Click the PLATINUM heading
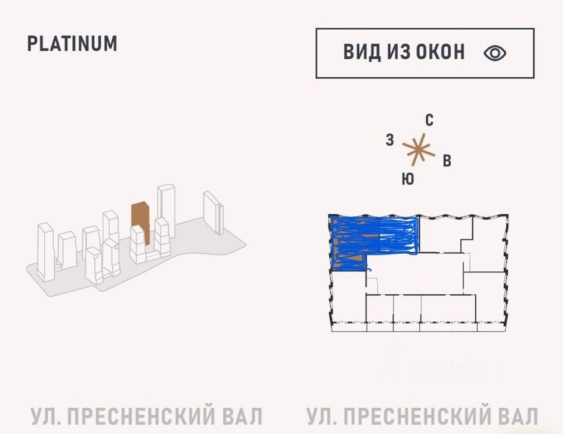(x=72, y=44)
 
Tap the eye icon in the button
(x=495, y=53)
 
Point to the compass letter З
(x=390, y=140)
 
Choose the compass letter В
(x=447, y=161)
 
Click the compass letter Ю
(x=408, y=180)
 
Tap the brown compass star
(x=417, y=149)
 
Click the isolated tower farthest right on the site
(x=212, y=212)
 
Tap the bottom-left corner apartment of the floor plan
(x=346, y=299)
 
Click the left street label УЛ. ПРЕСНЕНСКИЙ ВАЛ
(x=147, y=416)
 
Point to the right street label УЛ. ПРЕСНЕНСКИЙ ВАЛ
(x=422, y=416)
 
